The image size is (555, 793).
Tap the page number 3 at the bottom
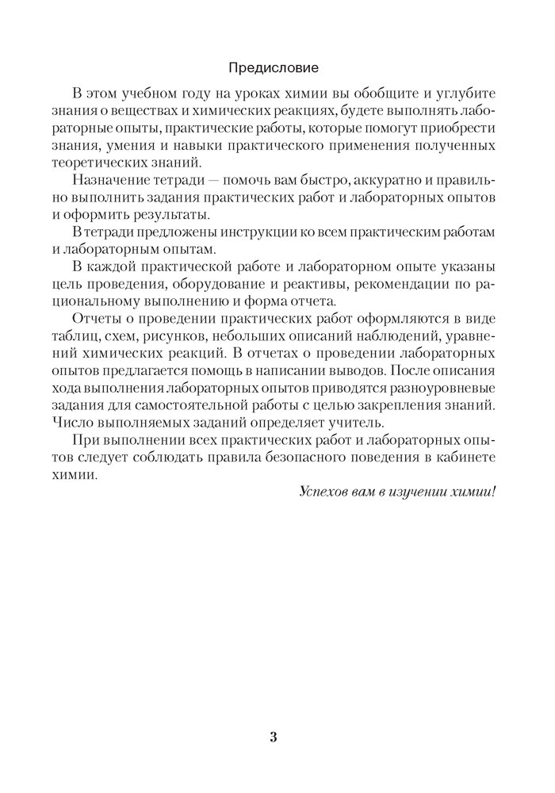pos(274,737)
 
